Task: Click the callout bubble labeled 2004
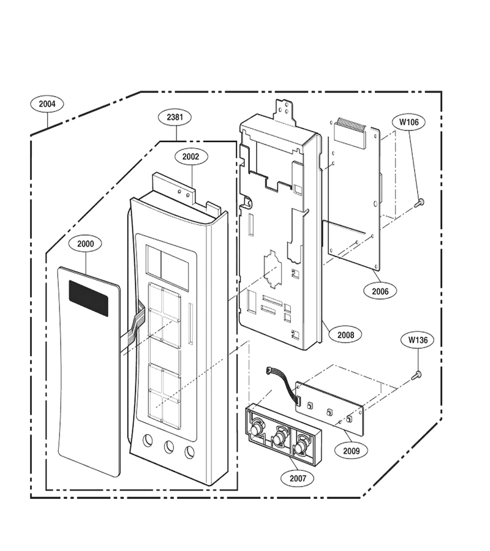pyautogui.click(x=47, y=104)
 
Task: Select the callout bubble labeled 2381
pyautogui.click(x=175, y=117)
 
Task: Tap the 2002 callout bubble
pyautogui.click(x=190, y=157)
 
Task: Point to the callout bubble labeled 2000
pyautogui.click(x=85, y=244)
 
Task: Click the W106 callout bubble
pyautogui.click(x=409, y=122)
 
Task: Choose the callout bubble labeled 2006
pyautogui.click(x=380, y=291)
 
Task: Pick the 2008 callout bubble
pyautogui.click(x=345, y=335)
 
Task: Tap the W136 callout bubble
pyautogui.click(x=418, y=340)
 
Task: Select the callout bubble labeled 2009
pyautogui.click(x=351, y=451)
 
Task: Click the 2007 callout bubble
pyautogui.click(x=298, y=478)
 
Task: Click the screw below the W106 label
pyautogui.click(x=419, y=203)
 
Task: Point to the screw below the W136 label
pyautogui.click(x=417, y=375)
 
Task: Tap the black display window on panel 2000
pyautogui.click(x=88, y=298)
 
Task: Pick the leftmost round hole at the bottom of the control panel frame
pyautogui.click(x=148, y=440)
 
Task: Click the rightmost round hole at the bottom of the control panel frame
pyautogui.click(x=190, y=452)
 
